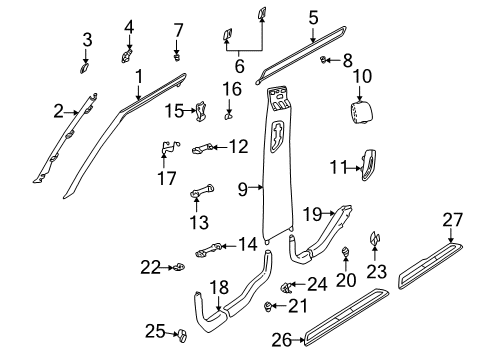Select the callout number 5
[313, 17]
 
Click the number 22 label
[150, 267]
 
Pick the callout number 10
[361, 75]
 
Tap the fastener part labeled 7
[177, 56]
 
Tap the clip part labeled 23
[376, 267]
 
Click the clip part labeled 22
[177, 267]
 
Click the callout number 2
[58, 110]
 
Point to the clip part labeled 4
[128, 51]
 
